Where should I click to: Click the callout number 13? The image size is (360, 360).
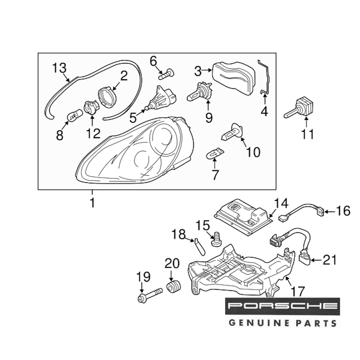pyautogui.click(x=59, y=67)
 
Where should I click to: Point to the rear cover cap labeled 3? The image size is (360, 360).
pyautogui.click(x=234, y=77)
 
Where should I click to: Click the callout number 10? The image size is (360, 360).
pyautogui.click(x=253, y=152)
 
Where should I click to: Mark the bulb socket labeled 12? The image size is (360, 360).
pyautogui.click(x=90, y=108)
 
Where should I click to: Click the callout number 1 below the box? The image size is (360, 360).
pyautogui.click(x=92, y=203)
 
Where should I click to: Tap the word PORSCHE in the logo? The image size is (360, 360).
pyautogui.click(x=282, y=307)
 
